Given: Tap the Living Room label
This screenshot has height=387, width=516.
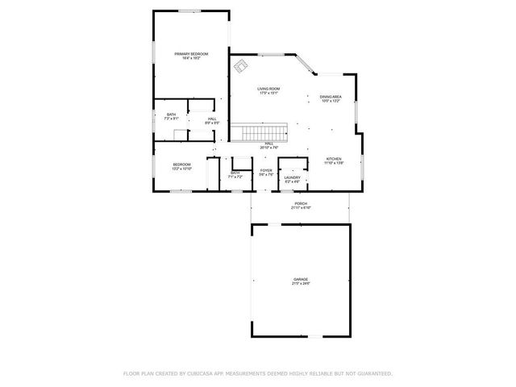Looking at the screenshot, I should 268,89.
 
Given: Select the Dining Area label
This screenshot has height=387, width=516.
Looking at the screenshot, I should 331,97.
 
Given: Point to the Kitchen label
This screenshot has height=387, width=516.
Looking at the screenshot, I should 334,159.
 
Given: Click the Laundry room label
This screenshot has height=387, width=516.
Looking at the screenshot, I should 292,177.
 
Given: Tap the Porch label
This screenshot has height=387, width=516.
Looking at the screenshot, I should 301,203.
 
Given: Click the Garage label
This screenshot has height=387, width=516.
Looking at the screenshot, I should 301,280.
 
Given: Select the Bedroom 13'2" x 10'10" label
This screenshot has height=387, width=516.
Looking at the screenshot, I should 181,164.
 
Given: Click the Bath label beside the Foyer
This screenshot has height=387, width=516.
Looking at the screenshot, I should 235,173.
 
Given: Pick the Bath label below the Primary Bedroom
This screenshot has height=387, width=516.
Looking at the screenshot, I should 171,114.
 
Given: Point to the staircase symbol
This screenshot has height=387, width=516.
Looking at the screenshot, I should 260,132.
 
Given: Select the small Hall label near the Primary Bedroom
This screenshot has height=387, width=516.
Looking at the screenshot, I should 211,119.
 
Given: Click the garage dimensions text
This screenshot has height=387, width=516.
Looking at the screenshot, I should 301,284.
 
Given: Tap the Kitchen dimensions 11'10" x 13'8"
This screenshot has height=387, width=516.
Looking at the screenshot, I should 334,163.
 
